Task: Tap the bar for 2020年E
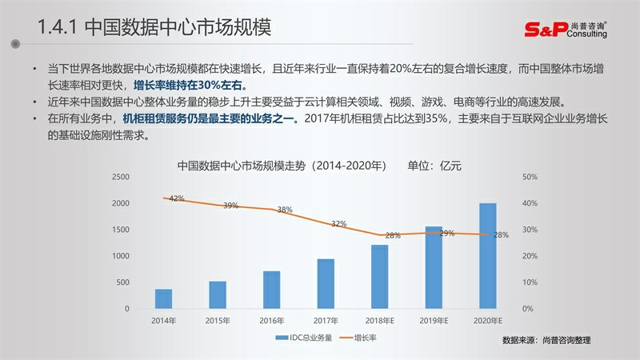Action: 487,256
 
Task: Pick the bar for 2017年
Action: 326,284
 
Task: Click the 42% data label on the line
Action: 177,198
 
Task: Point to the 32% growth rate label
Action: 339,224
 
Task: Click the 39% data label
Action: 230,206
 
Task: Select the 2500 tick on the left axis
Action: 120,177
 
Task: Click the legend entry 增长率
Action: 360,338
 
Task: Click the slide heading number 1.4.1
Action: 58,28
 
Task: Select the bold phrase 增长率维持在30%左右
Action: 190,86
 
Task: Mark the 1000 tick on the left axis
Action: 120,256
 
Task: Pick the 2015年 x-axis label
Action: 218,321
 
